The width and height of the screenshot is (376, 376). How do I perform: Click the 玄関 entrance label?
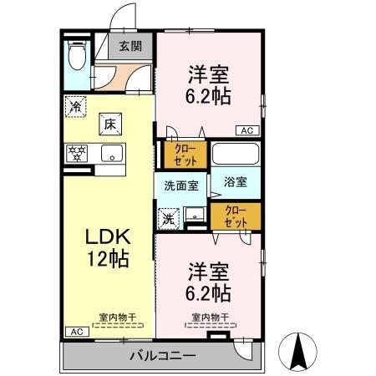(129, 47)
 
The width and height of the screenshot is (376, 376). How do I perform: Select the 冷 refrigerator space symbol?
(75, 107)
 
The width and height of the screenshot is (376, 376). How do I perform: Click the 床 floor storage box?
(109, 124)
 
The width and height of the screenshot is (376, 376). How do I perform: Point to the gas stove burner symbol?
(77, 153)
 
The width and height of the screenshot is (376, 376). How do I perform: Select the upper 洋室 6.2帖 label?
(208, 84)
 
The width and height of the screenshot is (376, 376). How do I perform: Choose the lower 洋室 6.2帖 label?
(208, 282)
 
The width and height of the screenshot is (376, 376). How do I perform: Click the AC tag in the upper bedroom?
(247, 130)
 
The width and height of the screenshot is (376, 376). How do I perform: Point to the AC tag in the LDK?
(75, 332)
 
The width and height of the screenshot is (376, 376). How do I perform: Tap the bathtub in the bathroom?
(235, 155)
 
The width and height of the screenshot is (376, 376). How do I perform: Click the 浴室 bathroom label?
(235, 181)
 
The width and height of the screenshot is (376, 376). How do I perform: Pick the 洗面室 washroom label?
(180, 186)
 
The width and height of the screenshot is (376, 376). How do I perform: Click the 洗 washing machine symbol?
(169, 218)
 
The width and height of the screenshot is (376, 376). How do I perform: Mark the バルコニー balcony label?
(162, 358)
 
